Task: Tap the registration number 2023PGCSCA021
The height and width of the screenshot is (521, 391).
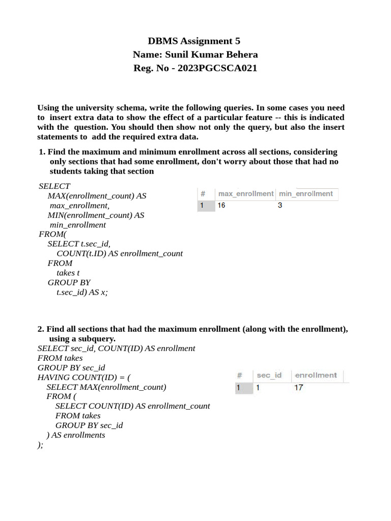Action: (x=217, y=68)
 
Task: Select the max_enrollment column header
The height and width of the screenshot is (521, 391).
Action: (x=245, y=194)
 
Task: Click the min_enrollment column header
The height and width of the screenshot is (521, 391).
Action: (x=305, y=194)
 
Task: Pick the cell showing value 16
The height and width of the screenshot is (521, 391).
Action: (x=221, y=206)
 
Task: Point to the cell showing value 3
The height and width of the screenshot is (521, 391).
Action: (x=280, y=206)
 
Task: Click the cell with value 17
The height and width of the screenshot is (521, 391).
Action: (x=299, y=388)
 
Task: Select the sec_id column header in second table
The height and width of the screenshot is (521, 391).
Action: (x=269, y=375)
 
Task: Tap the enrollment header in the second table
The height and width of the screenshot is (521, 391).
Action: (x=316, y=375)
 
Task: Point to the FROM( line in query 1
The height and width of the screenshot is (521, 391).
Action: (x=53, y=234)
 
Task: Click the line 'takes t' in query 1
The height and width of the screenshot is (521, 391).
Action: (x=68, y=273)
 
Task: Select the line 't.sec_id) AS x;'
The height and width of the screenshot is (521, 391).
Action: (x=82, y=292)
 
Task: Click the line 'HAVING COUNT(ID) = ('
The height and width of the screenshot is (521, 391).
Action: (x=85, y=377)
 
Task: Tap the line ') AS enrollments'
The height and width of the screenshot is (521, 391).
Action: (x=76, y=435)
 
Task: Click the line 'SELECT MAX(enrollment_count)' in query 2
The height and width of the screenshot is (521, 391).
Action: (x=106, y=387)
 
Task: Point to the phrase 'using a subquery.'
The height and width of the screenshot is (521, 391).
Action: (x=82, y=338)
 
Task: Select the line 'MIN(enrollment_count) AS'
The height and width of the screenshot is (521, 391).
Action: (x=96, y=215)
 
